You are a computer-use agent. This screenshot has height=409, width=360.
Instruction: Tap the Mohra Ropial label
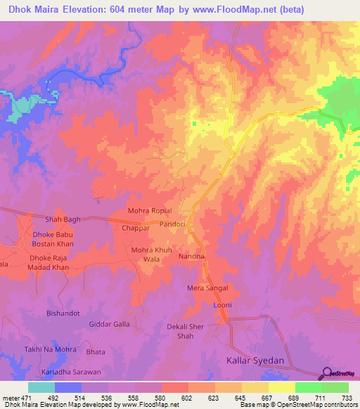pyautogui.click(x=150, y=211)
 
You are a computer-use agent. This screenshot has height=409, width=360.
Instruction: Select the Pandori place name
pyautogui.click(x=172, y=224)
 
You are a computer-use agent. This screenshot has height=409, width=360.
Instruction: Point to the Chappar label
pyautogui.click(x=136, y=228)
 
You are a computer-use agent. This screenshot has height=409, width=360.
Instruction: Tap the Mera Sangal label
pyautogui.click(x=206, y=289)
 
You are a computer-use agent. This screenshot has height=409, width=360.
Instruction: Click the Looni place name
pyautogui.click(x=222, y=306)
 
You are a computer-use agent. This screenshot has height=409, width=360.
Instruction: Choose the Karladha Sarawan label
pyautogui.click(x=71, y=371)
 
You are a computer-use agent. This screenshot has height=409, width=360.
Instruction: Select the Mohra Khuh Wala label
pyautogui.click(x=152, y=254)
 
